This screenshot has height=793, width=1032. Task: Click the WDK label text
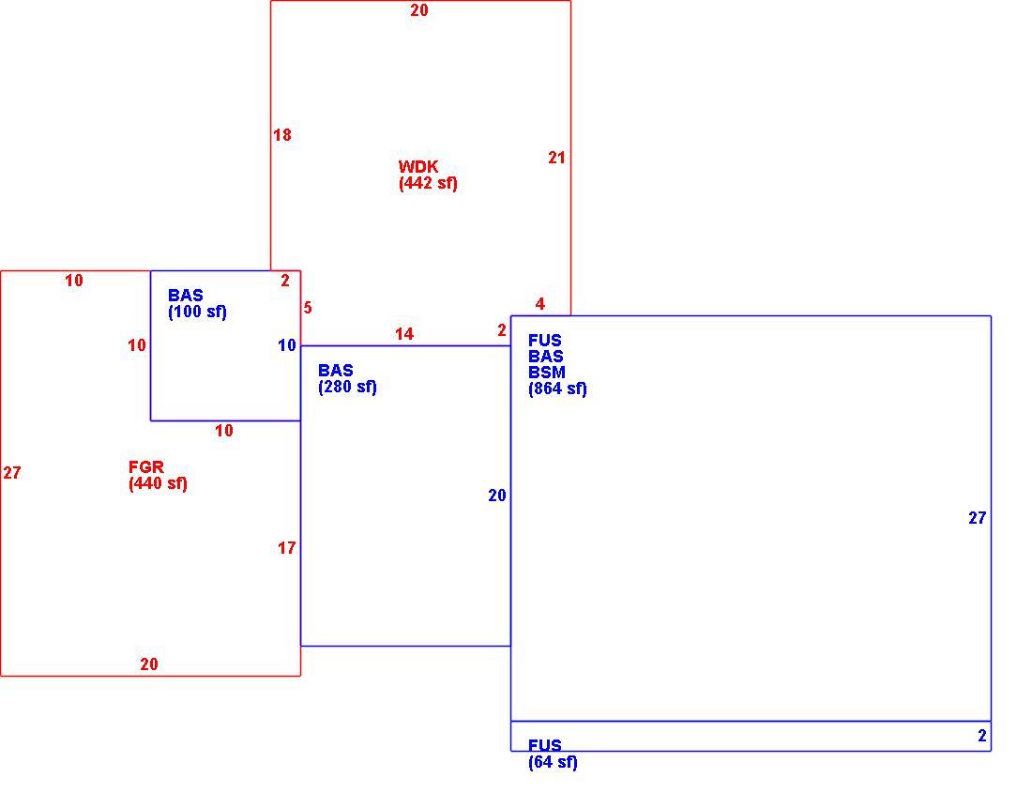click(417, 166)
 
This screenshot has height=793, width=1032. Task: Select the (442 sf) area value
click(428, 183)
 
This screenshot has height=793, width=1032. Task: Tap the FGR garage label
click(146, 467)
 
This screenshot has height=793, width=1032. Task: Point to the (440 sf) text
click(158, 483)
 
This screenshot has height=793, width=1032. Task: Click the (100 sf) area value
click(197, 312)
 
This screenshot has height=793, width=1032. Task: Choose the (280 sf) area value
click(347, 387)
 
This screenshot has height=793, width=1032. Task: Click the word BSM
click(547, 373)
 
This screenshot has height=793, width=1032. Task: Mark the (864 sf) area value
click(557, 389)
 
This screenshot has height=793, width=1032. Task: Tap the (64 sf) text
click(553, 763)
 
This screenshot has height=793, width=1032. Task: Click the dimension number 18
click(282, 135)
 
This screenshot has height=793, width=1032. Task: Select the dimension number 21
click(556, 158)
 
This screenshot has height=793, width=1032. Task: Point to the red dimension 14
click(404, 334)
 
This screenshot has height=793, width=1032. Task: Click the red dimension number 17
click(286, 548)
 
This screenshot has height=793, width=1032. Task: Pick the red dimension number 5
click(308, 308)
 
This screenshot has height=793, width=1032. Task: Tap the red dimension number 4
click(540, 304)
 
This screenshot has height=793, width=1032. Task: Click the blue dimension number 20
click(497, 496)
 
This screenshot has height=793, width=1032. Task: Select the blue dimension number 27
click(978, 518)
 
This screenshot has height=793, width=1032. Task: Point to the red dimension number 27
click(12, 472)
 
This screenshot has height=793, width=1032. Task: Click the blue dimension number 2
click(982, 736)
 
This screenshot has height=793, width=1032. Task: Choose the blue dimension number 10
click(286, 345)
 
